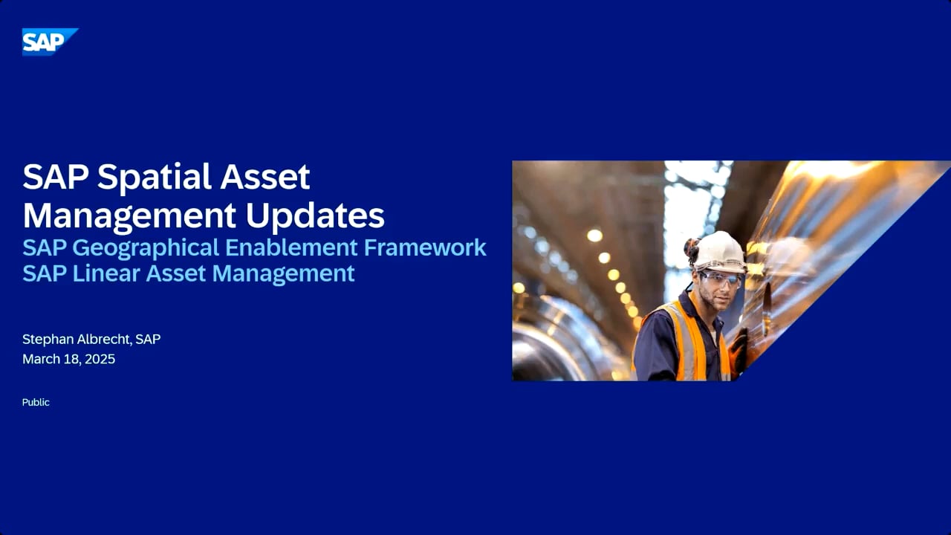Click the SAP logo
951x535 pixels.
click(50, 42)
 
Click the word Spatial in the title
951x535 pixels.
click(155, 177)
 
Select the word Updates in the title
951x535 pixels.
click(314, 215)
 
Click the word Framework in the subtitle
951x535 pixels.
click(425, 247)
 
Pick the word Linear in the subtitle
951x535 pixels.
click(106, 273)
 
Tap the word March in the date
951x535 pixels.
click(41, 359)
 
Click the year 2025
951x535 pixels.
click(100, 359)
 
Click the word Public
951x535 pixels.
click(36, 403)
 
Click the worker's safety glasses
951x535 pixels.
click(721, 279)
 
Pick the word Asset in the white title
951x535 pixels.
click(264, 177)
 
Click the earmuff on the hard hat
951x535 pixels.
click(692, 251)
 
